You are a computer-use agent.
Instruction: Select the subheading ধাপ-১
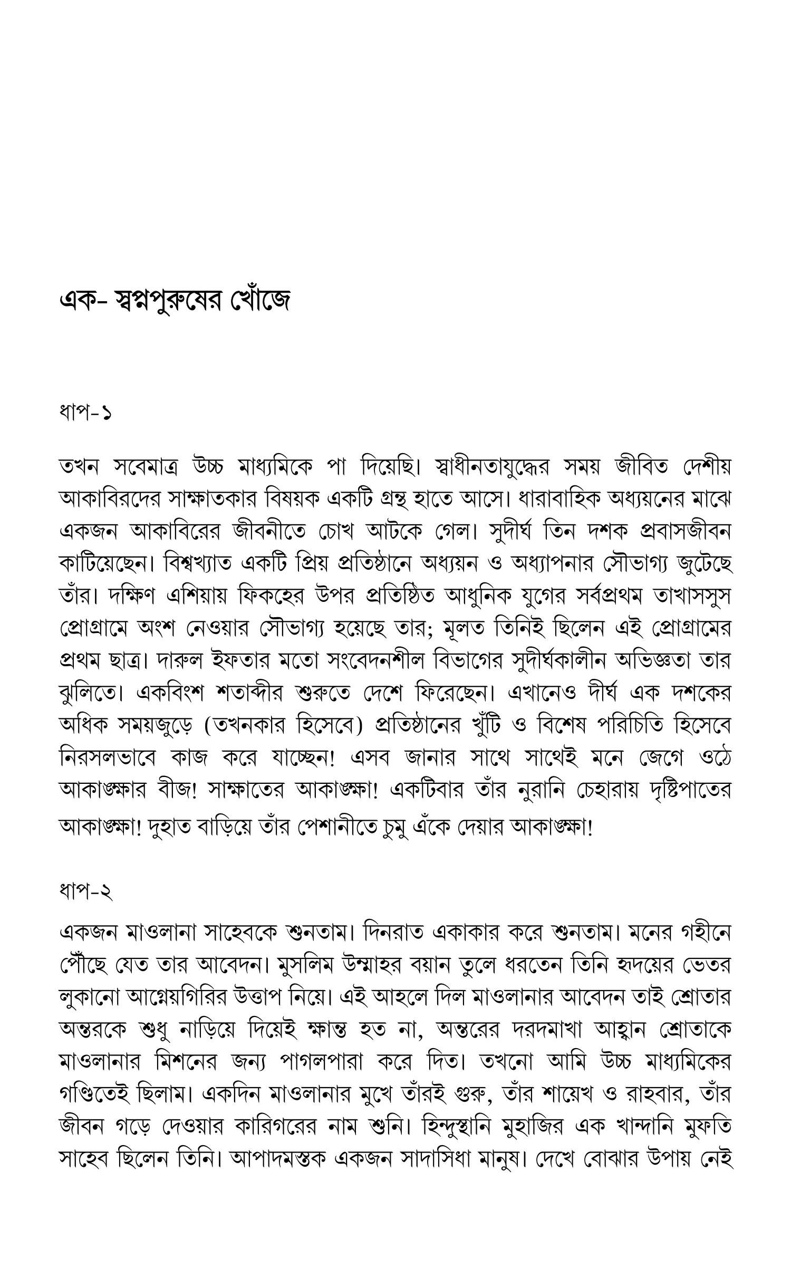tap(85, 413)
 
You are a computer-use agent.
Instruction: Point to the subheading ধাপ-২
tap(85, 891)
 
